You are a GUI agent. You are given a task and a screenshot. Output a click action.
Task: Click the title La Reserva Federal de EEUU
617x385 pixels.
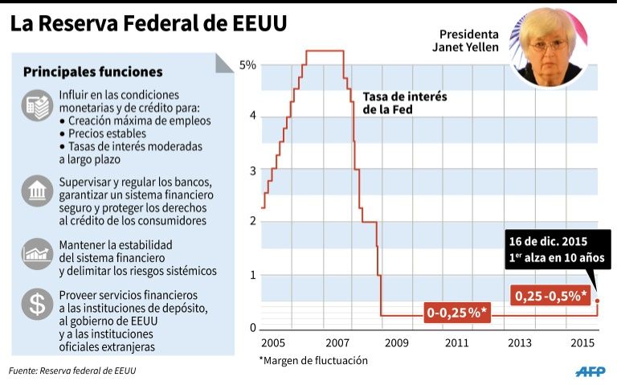[148, 24]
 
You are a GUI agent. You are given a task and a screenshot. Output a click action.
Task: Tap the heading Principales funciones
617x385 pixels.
[92, 72]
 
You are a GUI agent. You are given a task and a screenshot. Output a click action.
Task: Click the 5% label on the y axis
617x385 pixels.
[248, 64]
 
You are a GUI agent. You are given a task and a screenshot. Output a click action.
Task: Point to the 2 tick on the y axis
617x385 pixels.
[251, 221]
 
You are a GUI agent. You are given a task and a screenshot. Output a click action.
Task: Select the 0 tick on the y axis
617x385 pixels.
[251, 327]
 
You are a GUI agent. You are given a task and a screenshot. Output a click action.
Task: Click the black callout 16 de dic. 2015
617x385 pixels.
[554, 250]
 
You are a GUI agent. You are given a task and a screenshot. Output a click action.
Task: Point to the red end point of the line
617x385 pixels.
[597, 301]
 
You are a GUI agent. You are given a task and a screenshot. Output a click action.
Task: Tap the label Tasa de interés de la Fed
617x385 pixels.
[405, 103]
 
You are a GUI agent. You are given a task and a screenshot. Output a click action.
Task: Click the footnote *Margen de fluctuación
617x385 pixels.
[313, 360]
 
